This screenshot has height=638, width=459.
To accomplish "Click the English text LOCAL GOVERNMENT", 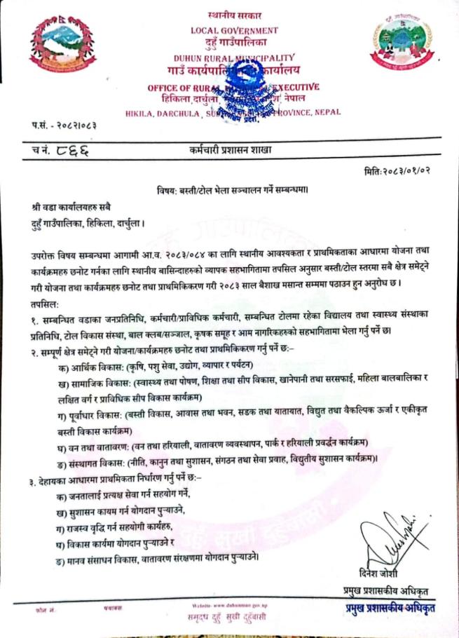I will tap(234, 30).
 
